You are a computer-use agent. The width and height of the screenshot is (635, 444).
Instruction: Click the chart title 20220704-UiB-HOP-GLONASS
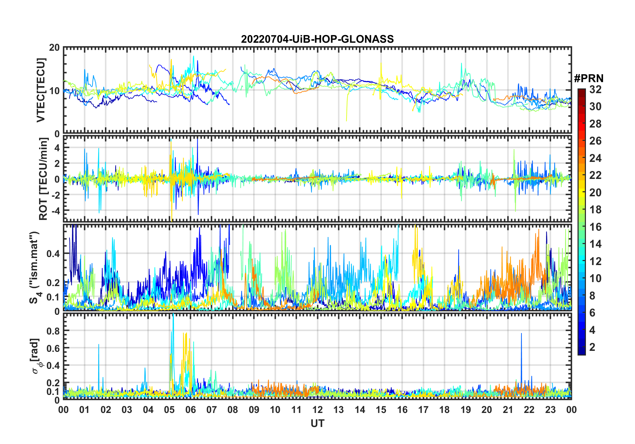coord(317,39)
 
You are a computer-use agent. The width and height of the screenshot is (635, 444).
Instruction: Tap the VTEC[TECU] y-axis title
coord(41,90)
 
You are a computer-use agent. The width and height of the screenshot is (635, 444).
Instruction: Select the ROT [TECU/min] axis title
coord(43,179)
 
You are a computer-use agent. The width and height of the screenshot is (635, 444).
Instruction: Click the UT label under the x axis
coord(317,424)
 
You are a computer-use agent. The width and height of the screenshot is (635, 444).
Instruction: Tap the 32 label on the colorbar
coord(595,89)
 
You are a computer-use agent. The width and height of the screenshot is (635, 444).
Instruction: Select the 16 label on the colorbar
coord(595,227)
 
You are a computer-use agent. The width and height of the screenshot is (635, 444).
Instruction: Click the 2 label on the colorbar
coord(592,347)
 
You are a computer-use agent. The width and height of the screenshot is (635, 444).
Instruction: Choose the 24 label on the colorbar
coord(595,158)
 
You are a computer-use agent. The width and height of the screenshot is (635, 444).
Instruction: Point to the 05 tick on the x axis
coord(169,410)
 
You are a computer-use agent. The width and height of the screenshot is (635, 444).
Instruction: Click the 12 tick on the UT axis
coord(317,410)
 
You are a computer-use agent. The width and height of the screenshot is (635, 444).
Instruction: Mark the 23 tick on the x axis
coord(550,410)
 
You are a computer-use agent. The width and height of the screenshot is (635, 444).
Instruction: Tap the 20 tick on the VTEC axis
coord(54,48)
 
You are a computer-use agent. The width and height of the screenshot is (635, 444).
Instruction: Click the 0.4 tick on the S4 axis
coord(53,254)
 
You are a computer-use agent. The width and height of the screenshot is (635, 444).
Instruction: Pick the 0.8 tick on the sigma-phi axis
coord(53,331)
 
